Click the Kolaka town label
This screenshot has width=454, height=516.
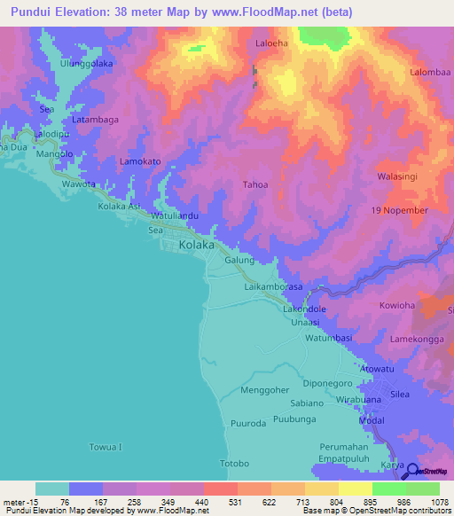point(196,245)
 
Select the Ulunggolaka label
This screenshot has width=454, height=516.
point(87,64)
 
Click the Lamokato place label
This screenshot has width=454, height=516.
point(140,161)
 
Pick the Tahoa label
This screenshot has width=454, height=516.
point(255,184)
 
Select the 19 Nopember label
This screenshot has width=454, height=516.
point(400,210)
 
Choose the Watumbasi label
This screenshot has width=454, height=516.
point(330,338)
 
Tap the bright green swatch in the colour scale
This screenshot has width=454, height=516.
point(388,489)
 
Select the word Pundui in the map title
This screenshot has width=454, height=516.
point(30,12)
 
